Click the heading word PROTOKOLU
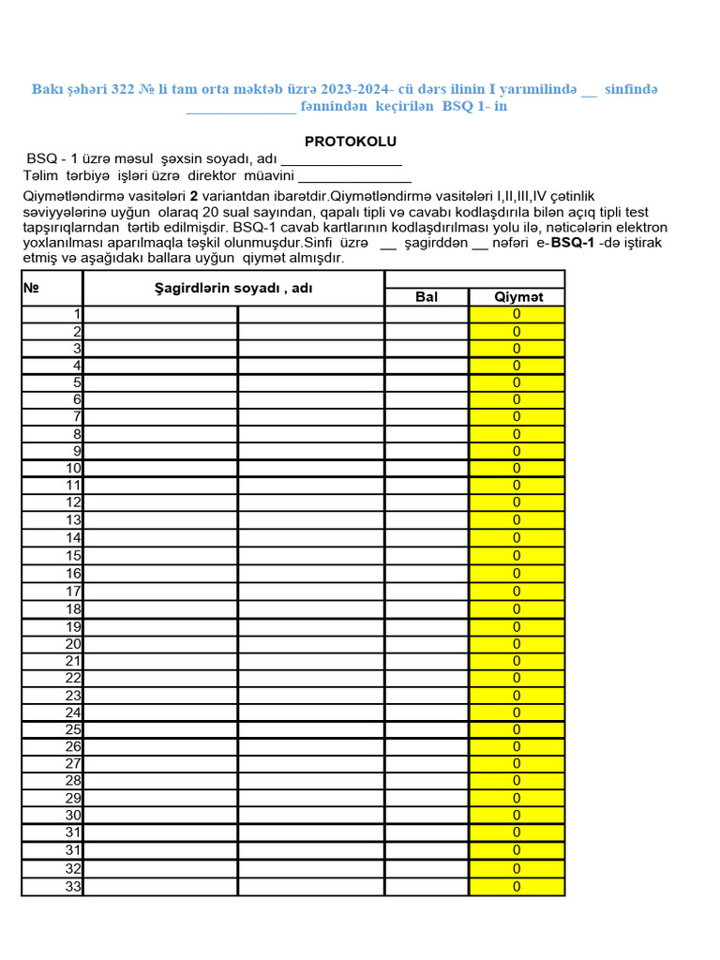pos(351,142)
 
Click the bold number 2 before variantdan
pos(193,196)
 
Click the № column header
pos(31,288)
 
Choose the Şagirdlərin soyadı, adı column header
pos(233,288)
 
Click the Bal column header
pos(427,297)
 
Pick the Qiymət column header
pos(517,297)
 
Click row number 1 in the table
pos(77,314)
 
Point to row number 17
pos(73,592)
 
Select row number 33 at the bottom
pos(73,887)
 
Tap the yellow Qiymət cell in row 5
pos(517,382)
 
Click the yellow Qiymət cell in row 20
pos(517,643)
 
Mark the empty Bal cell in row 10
pos(427,469)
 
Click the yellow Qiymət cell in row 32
pos(517,869)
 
